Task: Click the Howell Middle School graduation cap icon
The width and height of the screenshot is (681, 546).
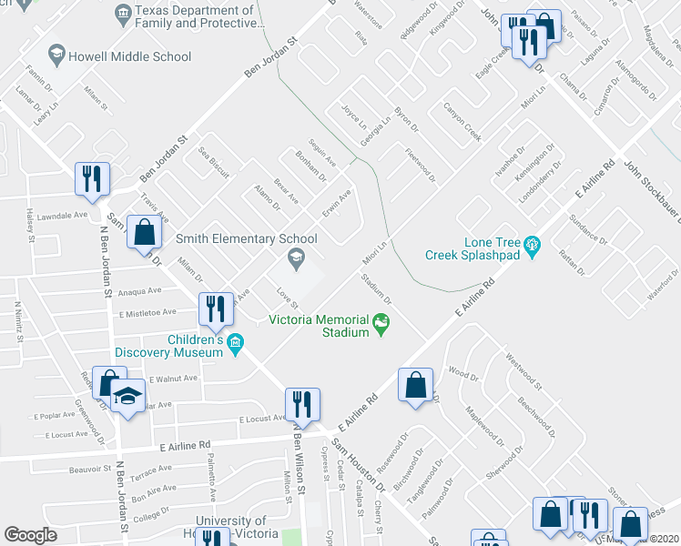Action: [x=56, y=56]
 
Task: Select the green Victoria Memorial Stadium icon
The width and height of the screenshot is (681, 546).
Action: [x=381, y=322]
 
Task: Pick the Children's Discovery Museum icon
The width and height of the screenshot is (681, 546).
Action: [x=237, y=343]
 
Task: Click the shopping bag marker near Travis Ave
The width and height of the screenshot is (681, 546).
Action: [x=144, y=231]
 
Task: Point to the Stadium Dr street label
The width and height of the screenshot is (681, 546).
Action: [x=376, y=288]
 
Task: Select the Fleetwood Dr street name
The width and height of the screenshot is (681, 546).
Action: [x=420, y=166]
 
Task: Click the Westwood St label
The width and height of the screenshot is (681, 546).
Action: [x=523, y=371]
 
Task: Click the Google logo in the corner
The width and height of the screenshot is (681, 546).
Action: [x=30, y=535]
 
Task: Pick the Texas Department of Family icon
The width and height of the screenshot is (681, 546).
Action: [x=122, y=14]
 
